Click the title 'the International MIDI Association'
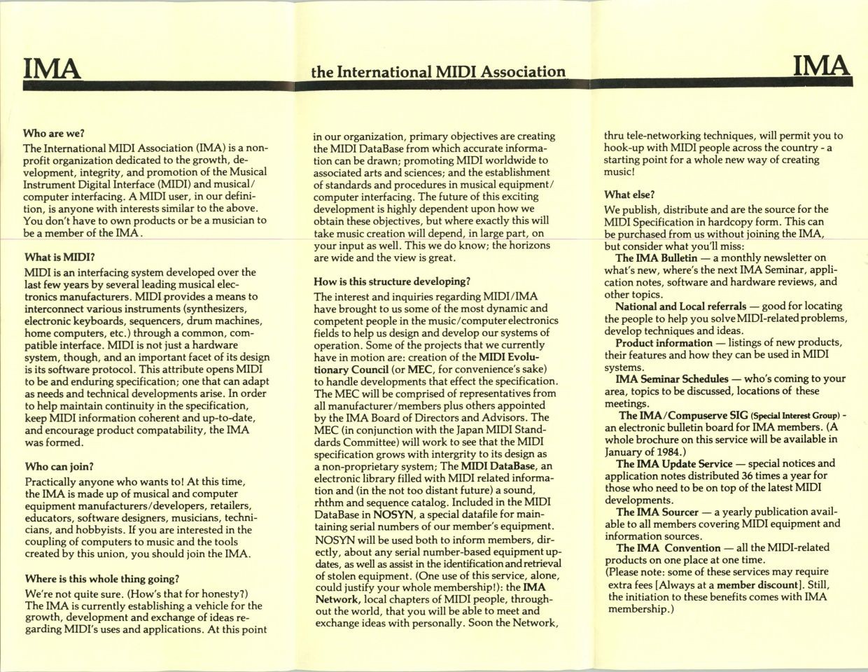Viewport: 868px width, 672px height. pos(439,71)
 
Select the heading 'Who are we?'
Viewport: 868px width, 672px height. pos(54,132)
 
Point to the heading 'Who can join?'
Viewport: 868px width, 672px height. pos(59,466)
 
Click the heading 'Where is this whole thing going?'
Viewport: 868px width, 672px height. pos(102,579)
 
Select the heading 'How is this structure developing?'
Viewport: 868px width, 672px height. pos(392,281)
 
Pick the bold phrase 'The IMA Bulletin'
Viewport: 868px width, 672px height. pos(654,258)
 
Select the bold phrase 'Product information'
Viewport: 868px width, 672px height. pos(664,342)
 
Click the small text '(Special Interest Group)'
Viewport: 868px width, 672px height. pos(794,415)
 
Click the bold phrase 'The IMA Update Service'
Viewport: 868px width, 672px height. pos(673,463)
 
